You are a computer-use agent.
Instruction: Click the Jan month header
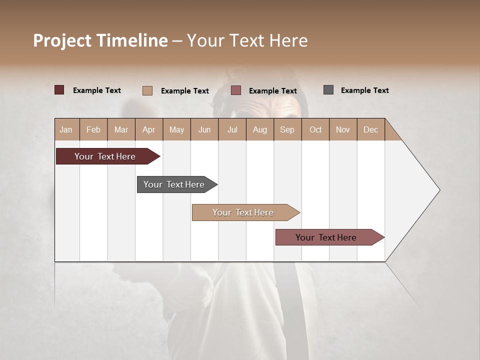[x=66, y=129]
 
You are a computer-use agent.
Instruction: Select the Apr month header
[x=148, y=129]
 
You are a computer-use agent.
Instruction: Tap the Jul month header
[x=232, y=129]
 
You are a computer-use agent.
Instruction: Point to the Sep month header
[x=287, y=129]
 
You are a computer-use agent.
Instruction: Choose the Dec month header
[x=370, y=129]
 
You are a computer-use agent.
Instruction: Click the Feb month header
[x=93, y=129]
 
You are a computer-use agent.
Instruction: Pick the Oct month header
[x=315, y=129]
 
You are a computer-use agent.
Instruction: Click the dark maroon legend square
[x=59, y=90]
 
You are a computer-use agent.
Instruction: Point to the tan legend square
[x=147, y=90]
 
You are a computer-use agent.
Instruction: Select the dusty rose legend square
[x=236, y=90]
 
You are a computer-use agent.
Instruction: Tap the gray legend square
[x=328, y=90]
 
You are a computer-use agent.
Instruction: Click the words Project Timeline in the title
[x=100, y=40]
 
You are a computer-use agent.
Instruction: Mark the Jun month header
[x=204, y=129]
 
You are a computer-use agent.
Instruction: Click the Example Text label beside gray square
[x=364, y=90]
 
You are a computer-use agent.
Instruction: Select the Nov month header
[x=343, y=129]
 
